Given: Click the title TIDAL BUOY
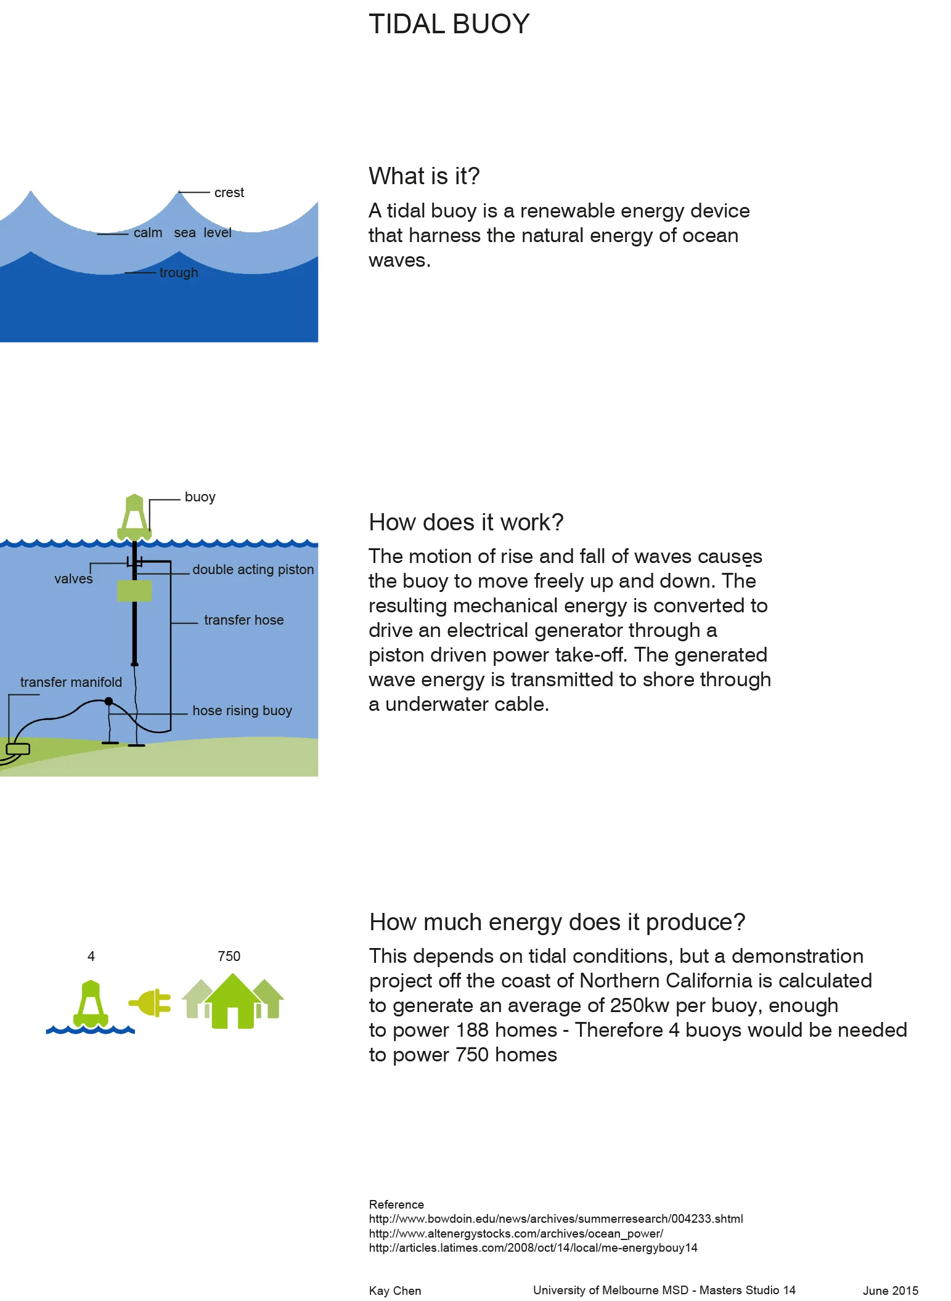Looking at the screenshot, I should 449,25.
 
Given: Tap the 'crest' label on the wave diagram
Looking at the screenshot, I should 229,193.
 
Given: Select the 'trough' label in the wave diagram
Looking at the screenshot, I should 179,272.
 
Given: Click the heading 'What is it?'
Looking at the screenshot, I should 423,176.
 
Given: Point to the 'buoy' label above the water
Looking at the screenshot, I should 200,497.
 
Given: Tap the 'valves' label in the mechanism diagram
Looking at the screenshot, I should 73,579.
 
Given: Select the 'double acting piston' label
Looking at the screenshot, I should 253,570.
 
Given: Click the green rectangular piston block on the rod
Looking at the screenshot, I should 134,591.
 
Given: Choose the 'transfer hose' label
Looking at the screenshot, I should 243,620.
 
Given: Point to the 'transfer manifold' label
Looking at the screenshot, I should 71,683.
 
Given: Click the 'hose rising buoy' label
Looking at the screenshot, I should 242,711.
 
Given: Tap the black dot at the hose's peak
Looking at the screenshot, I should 108,701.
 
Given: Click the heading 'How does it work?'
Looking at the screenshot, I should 466,522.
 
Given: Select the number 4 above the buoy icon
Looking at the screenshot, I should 91,957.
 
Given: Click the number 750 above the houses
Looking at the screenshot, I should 229,957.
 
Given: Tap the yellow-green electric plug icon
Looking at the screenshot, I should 150,1003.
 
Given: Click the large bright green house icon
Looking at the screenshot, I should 232,1002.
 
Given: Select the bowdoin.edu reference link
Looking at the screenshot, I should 555,1219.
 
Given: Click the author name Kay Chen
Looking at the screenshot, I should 394,1291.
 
